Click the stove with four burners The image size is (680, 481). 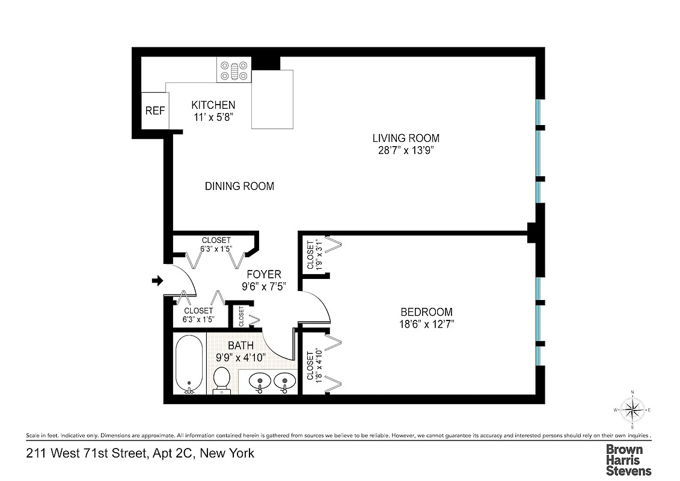(x=233, y=70)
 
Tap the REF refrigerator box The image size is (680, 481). (x=155, y=111)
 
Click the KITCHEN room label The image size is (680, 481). (x=213, y=105)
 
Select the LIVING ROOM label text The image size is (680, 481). (x=406, y=138)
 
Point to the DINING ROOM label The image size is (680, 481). (x=239, y=186)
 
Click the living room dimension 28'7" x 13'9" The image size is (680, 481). (x=406, y=151)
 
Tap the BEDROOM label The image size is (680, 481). (x=426, y=312)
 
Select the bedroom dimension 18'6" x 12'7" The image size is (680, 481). (x=426, y=325)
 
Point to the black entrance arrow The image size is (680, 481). (x=158, y=280)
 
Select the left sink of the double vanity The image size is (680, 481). (x=259, y=381)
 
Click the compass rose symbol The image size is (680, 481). (x=632, y=410)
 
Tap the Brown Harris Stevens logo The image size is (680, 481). (x=628, y=460)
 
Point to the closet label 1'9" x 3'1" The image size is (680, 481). (x=315, y=255)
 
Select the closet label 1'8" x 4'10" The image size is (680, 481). (x=314, y=367)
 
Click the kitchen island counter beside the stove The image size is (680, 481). (x=272, y=99)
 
